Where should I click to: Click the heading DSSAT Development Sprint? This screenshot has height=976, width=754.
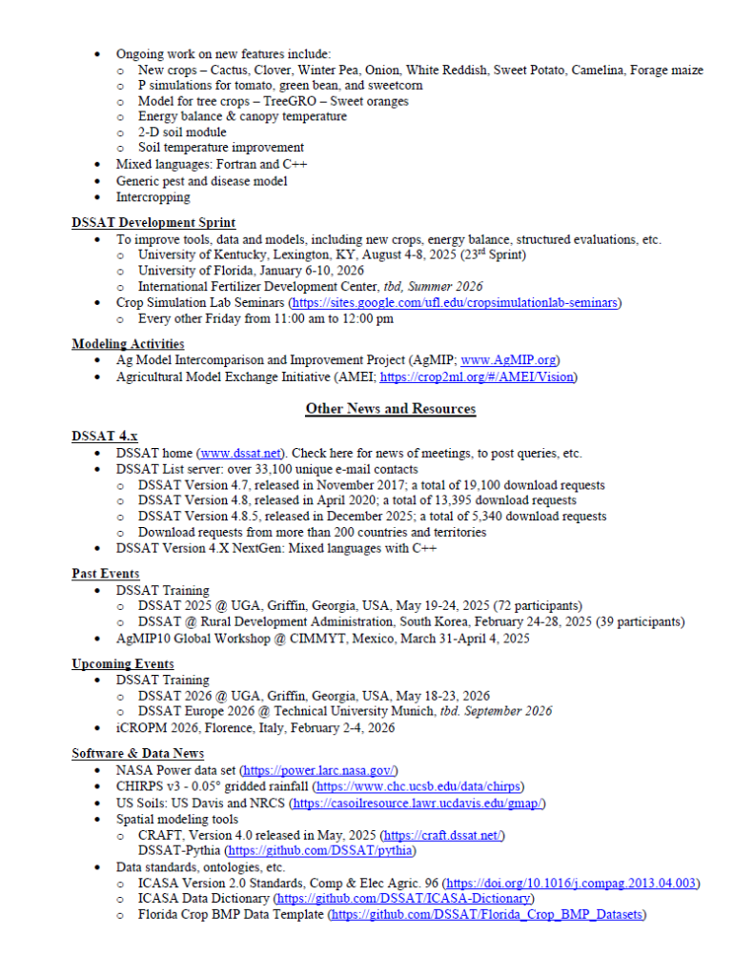(153, 223)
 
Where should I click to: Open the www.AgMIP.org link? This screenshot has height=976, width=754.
(509, 360)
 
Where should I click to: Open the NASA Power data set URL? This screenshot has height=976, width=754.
(319, 770)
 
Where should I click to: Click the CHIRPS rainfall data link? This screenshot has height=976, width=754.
(419, 786)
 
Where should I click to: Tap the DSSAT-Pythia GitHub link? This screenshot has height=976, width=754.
(322, 850)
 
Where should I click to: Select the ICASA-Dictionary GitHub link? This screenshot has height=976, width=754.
(404, 899)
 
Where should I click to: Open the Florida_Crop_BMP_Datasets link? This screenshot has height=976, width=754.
(488, 915)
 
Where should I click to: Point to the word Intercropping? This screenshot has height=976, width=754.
(153, 197)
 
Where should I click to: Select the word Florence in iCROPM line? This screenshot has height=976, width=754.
(230, 728)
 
